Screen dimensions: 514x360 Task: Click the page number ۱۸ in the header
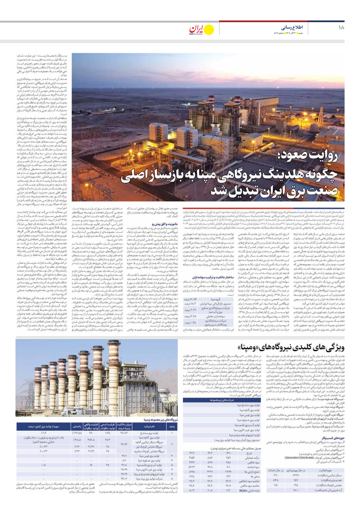[x=341, y=27]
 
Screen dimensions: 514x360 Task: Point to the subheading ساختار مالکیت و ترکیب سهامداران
[x=213, y=277]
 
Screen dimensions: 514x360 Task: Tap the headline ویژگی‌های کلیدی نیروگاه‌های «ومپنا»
[x=291, y=348]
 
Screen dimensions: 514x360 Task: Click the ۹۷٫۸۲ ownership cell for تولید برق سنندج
[x=124, y=433]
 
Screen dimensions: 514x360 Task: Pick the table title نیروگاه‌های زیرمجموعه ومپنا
[x=160, y=420]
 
